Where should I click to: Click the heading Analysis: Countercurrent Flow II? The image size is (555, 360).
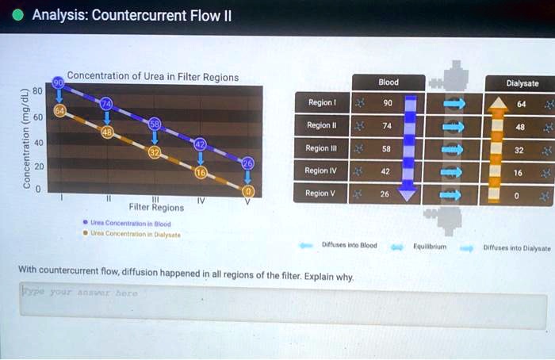coord(131,16)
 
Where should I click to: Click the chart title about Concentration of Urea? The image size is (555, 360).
coord(152,77)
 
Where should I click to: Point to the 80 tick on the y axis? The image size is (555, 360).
coord(37,90)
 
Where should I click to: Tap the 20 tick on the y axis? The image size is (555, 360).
coord(37,167)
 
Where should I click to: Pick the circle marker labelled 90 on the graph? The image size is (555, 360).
coord(58,83)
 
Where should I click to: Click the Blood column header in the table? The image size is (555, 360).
coord(388,82)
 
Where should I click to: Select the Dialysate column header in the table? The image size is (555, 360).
coord(522,83)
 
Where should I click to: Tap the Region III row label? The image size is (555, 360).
coord(322,148)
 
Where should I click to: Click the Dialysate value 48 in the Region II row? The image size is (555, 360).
coord(520,126)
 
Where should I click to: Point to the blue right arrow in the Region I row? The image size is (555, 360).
coord(454,103)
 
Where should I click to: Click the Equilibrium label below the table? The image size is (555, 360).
coord(431,247)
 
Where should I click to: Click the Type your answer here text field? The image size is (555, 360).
coord(283,309)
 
